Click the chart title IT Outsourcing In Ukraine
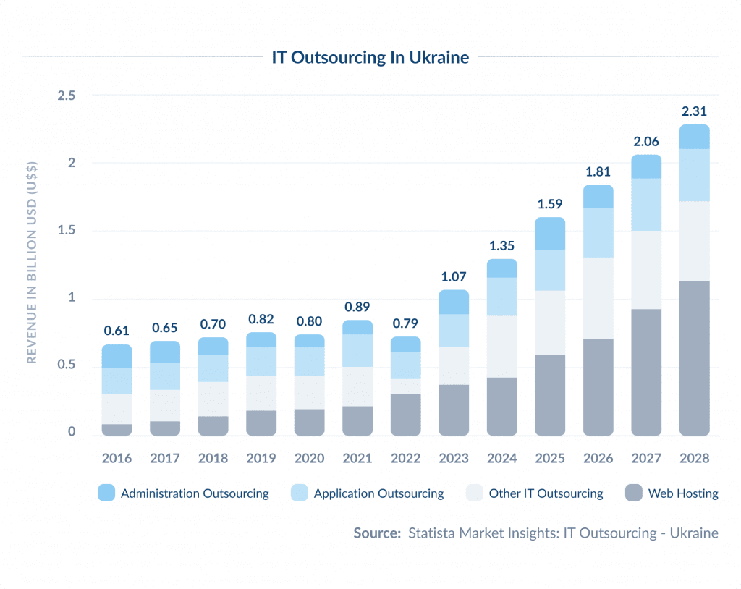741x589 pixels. (x=370, y=57)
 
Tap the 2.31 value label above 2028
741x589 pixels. (x=694, y=111)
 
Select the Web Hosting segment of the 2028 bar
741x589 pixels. (x=694, y=358)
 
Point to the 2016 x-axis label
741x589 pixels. (x=117, y=458)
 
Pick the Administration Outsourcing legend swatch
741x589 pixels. (x=106, y=493)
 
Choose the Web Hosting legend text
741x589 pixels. (x=683, y=493)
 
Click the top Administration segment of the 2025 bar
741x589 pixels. (x=550, y=233)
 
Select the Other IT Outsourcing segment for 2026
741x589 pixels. (x=598, y=298)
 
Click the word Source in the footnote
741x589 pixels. (x=376, y=533)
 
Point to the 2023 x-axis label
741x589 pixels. (x=454, y=458)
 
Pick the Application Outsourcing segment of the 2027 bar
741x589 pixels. (x=646, y=205)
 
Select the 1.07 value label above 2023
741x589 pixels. (x=454, y=276)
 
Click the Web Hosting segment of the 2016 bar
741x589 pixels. (x=117, y=430)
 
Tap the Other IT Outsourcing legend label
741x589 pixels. (x=546, y=493)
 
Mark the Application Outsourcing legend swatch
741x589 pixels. (x=299, y=493)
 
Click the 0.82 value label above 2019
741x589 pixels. (x=261, y=318)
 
